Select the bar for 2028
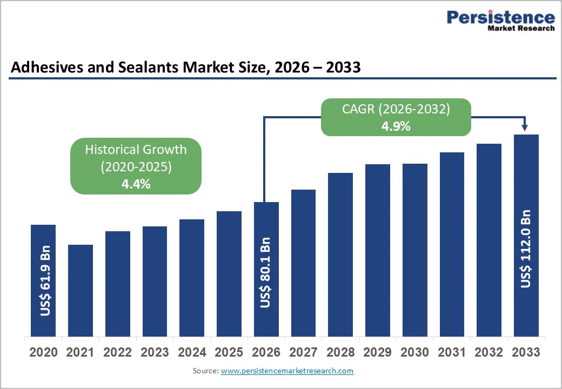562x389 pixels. [340, 254]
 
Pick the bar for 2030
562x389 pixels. [415, 249]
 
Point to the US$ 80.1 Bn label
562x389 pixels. [265, 273]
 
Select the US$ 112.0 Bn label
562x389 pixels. [526, 249]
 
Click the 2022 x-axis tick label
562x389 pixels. [117, 353]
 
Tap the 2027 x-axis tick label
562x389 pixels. [303, 353]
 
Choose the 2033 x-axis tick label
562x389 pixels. [526, 353]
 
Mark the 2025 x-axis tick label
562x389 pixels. [229, 353]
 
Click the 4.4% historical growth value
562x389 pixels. [136, 184]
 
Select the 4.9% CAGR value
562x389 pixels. [396, 126]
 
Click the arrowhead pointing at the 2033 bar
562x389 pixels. [525, 128]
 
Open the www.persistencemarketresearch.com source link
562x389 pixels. [287, 371]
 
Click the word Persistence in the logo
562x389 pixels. [500, 17]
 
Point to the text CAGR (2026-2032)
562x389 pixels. [396, 109]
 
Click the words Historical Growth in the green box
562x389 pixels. [136, 150]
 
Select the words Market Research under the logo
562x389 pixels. [520, 28]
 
